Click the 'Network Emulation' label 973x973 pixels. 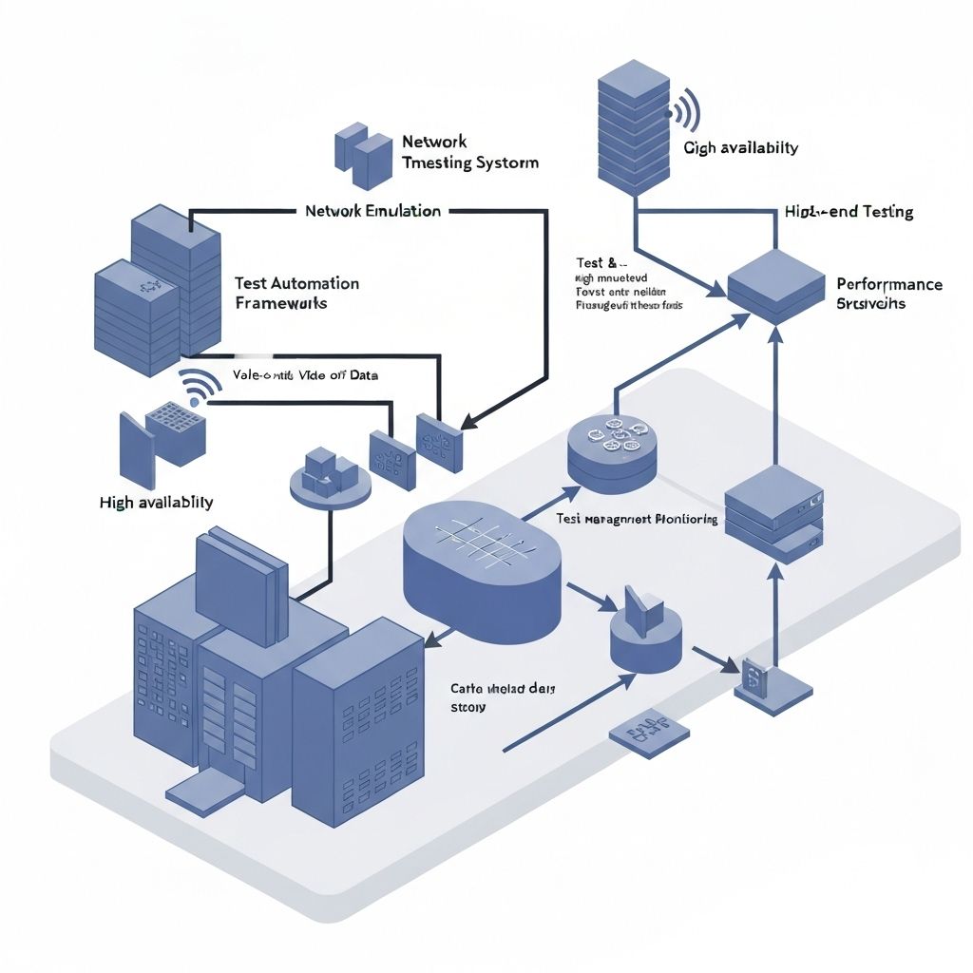click(x=372, y=211)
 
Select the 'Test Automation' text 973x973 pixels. click(x=296, y=283)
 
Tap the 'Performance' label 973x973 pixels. click(x=889, y=284)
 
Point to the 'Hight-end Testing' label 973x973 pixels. click(x=849, y=212)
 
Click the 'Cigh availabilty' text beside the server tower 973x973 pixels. click(x=740, y=147)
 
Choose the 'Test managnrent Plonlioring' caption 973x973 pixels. click(x=635, y=520)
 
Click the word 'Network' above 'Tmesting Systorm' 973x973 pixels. click(x=434, y=142)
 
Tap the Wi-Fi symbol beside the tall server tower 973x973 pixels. click(x=686, y=112)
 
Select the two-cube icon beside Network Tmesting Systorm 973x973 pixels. click(x=363, y=155)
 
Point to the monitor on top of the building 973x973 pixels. click(x=239, y=588)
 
